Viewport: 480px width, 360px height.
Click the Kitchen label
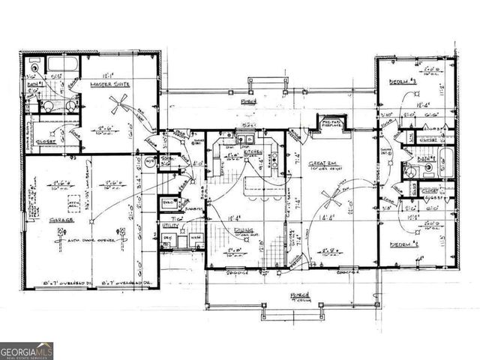click(253, 151)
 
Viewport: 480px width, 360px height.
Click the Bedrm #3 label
click(400, 81)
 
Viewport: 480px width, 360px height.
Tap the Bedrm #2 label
click(403, 244)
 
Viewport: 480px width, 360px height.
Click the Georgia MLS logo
click(27, 351)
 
